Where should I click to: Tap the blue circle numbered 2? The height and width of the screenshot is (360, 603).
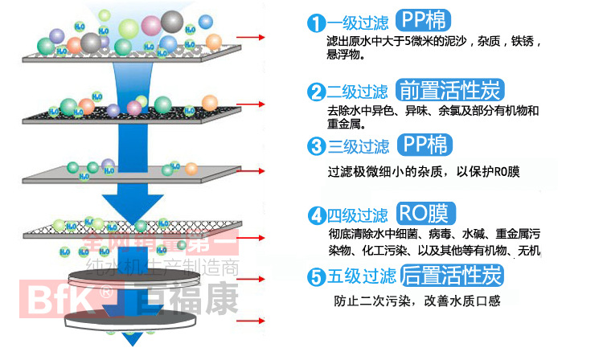pos(316,91)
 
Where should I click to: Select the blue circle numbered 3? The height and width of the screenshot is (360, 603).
pos(317,146)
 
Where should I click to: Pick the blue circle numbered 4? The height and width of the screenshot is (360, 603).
pos(317,215)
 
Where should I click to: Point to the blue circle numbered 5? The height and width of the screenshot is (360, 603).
pos(317,277)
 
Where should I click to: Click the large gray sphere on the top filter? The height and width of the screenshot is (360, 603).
pos(172,21)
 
